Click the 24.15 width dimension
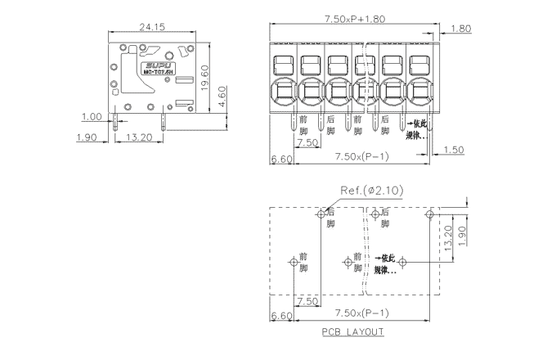152,27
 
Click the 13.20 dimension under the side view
141,137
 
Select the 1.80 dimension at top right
460,28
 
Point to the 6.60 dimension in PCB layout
280,315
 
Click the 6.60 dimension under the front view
280,158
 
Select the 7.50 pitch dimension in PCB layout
307,301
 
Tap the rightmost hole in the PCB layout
429,215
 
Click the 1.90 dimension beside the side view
86,137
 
